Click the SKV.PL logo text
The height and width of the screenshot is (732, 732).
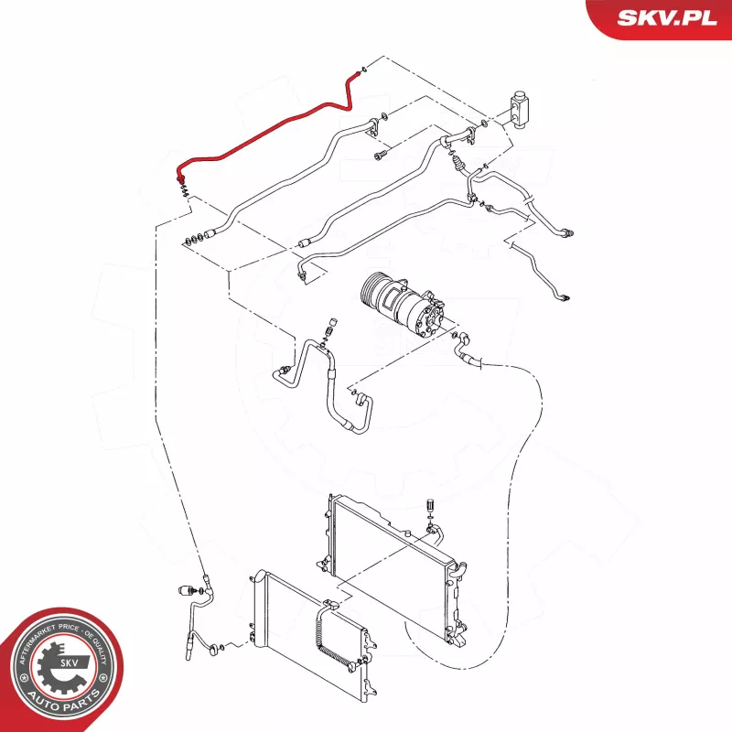(x=667, y=17)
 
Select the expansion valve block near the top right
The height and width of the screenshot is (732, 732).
(x=519, y=108)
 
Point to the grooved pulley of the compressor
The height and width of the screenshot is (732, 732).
(x=372, y=289)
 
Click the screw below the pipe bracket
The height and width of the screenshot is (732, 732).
(x=381, y=156)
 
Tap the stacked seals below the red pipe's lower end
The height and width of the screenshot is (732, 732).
(x=185, y=190)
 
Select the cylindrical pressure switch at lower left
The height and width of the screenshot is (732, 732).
(x=188, y=590)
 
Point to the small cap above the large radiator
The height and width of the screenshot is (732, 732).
(x=429, y=506)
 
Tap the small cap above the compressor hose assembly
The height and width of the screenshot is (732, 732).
(x=334, y=323)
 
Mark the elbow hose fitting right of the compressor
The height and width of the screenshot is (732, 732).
(x=465, y=343)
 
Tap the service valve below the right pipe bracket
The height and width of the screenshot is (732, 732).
(x=458, y=164)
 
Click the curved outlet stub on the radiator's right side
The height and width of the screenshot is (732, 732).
(x=460, y=568)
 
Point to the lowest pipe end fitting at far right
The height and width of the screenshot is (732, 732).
(x=565, y=296)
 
